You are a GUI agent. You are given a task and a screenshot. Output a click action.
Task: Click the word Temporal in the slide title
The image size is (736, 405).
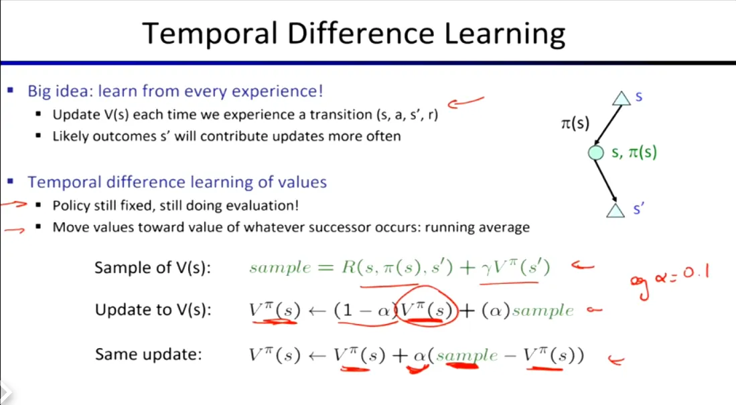pyautogui.click(x=210, y=33)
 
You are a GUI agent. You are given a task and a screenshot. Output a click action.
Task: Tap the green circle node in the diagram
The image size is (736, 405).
pyautogui.click(x=595, y=153)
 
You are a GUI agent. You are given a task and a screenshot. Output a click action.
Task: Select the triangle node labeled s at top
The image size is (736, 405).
pyautogui.click(x=621, y=98)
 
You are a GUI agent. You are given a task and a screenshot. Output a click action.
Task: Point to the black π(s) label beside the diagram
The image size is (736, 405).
pyautogui.click(x=575, y=123)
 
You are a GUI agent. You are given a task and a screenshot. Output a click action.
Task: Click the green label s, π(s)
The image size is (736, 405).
pyautogui.click(x=634, y=152)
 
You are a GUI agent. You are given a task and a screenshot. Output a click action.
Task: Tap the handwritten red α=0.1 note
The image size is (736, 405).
pyautogui.click(x=670, y=280)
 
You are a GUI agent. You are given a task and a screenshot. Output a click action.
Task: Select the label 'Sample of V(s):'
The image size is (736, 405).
pyautogui.click(x=153, y=268)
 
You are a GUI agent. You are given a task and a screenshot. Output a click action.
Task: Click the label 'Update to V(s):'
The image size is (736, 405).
pyautogui.click(x=153, y=310)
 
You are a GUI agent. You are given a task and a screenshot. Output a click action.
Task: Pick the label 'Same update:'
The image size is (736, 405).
pyautogui.click(x=148, y=354)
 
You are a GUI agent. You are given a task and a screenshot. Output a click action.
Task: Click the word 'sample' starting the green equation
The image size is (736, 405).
pyautogui.click(x=280, y=268)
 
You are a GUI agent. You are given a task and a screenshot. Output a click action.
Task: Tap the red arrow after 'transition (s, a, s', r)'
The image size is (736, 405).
pyautogui.click(x=465, y=102)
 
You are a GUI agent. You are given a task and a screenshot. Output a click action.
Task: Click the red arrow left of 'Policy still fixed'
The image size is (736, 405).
pyautogui.click(x=14, y=204)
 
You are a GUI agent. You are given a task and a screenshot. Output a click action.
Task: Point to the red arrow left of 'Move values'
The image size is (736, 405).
pyautogui.click(x=14, y=230)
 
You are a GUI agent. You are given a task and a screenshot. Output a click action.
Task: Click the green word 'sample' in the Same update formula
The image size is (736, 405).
pyautogui.click(x=467, y=355)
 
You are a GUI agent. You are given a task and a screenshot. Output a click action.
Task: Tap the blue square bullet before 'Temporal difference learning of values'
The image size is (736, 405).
pyautogui.click(x=10, y=181)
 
